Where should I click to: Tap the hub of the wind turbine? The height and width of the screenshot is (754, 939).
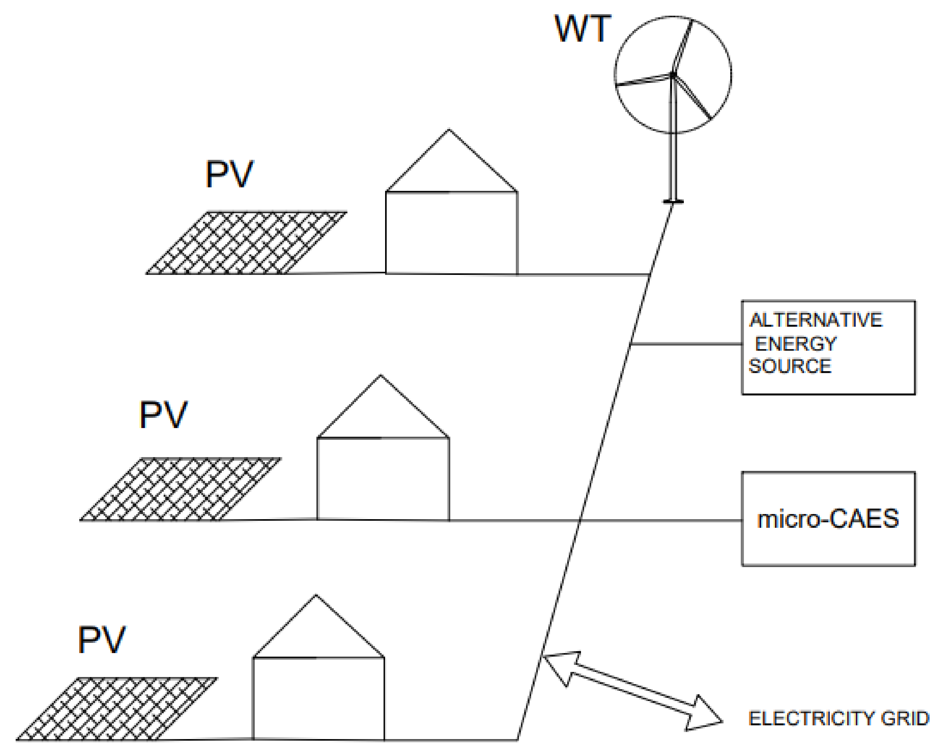[673, 75]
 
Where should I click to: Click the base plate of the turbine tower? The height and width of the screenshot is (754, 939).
[673, 201]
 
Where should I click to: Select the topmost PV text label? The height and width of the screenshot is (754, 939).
[229, 174]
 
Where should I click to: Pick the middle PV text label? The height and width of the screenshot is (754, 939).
[163, 415]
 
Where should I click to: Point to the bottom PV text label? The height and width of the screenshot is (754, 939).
[102, 639]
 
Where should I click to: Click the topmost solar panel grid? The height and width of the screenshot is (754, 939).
[247, 243]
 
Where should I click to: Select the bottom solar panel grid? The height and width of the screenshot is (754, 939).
[117, 709]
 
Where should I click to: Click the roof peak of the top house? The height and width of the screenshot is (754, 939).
[449, 131]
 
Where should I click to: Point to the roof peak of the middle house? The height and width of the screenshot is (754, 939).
[380, 376]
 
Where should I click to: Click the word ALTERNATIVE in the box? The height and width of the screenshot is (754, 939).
[815, 320]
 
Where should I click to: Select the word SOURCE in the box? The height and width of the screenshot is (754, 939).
[789, 366]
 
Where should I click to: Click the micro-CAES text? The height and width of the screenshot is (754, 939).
[828, 519]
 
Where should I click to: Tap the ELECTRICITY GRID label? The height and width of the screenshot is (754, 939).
[839, 718]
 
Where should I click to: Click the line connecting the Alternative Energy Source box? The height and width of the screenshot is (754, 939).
[686, 344]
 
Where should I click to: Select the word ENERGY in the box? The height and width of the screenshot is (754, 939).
[795, 344]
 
